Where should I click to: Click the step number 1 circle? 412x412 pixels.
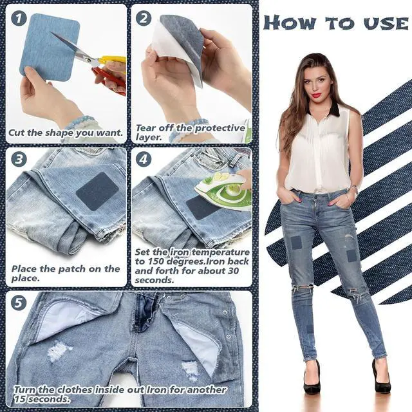pyautogui.click(x=19, y=19)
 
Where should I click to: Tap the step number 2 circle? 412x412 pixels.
pyautogui.click(x=144, y=19)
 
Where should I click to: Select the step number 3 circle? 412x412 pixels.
pyautogui.click(x=19, y=159)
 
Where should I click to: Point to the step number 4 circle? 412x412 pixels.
pyautogui.click(x=144, y=159)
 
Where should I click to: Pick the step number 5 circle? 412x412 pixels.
pyautogui.click(x=19, y=303)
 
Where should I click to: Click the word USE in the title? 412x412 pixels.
pyautogui.click(x=386, y=23)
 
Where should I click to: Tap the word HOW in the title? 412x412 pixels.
pyautogui.click(x=289, y=23)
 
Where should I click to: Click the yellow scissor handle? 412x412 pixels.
pyautogui.click(x=111, y=60)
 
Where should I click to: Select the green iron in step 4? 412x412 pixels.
pyautogui.click(x=223, y=190)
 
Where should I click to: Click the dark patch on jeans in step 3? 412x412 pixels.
pyautogui.click(x=97, y=191)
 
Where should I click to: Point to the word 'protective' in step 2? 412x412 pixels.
pyautogui.click(x=220, y=128)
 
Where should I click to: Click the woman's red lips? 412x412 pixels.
pyautogui.click(x=317, y=95)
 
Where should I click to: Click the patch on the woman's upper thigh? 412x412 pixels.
pyautogui.click(x=295, y=243)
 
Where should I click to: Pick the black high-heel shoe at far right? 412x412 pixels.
pyautogui.click(x=380, y=376)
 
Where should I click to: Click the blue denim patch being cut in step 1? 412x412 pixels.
pyautogui.click(x=50, y=47)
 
